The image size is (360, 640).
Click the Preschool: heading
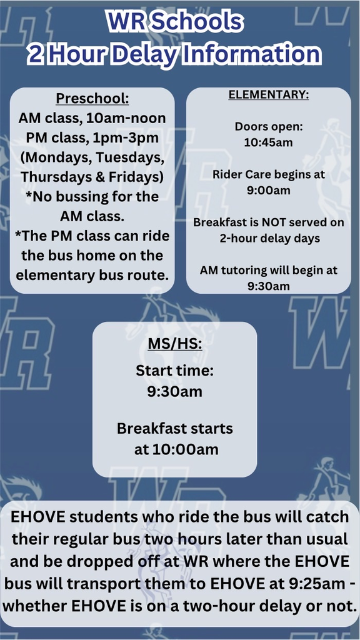pyautogui.click(x=92, y=99)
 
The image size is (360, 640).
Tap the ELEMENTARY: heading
pyautogui.click(x=268, y=95)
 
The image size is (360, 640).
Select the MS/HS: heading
pyautogui.click(x=174, y=343)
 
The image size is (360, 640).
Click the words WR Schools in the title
pyautogui.click(x=174, y=21)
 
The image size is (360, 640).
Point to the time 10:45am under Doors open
pyautogui.click(x=268, y=142)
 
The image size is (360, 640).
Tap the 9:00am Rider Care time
pyautogui.click(x=268, y=190)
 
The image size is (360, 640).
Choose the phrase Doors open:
pyautogui.click(x=268, y=126)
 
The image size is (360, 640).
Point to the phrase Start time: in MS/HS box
pyautogui.click(x=174, y=371)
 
